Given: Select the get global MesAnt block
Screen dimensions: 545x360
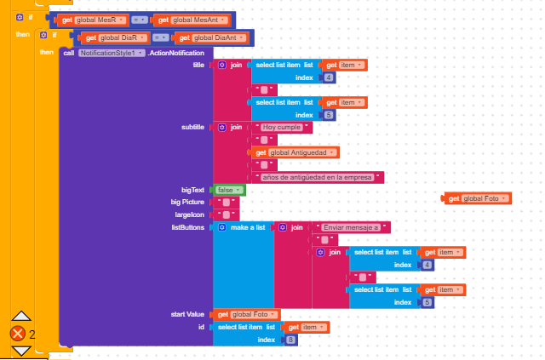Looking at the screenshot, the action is (x=191, y=20).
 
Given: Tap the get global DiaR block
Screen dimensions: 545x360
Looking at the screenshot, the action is (x=114, y=38).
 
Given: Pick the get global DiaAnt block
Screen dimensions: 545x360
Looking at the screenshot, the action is (x=213, y=38).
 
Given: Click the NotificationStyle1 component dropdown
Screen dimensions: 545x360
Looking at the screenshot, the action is (x=112, y=53).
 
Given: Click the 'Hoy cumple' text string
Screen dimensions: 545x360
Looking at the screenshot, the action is (x=282, y=127).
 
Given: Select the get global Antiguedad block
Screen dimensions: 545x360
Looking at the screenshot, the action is (x=295, y=152).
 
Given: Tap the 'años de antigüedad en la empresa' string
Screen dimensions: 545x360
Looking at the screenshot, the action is (x=318, y=177).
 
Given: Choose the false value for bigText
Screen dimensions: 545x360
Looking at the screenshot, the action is (x=229, y=190).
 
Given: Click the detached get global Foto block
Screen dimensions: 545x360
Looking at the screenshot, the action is (x=477, y=199).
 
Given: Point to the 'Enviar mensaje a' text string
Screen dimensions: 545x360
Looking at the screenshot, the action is (x=351, y=227).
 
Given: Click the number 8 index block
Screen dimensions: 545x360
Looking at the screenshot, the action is (x=290, y=340).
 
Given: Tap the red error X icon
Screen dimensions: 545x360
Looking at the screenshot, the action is (x=18, y=334).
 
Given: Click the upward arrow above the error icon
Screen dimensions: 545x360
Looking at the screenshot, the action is (x=21, y=316).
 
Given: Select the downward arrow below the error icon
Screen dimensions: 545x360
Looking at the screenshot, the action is (x=21, y=351).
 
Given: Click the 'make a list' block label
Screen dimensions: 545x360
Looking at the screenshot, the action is (x=248, y=227).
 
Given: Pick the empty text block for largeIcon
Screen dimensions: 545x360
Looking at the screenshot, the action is (x=227, y=214).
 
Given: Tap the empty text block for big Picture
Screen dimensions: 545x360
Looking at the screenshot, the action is (x=227, y=203).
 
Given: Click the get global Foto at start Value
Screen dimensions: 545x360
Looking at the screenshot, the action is (x=246, y=315).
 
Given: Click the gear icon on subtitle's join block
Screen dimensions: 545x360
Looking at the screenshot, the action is (x=222, y=127).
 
